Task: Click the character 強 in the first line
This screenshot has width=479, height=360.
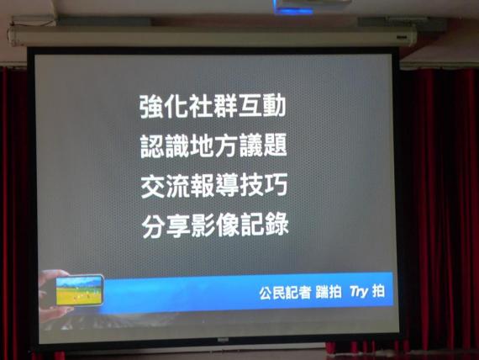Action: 151,106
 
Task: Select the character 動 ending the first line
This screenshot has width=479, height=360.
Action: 274,106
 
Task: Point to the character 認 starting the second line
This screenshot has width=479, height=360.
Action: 152,146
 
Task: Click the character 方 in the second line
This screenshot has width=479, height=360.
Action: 226,146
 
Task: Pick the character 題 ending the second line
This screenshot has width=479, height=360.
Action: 275,146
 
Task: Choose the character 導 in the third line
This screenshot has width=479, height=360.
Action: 226,185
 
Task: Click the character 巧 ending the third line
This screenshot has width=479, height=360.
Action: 276,185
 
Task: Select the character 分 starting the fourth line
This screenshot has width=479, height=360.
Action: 154,225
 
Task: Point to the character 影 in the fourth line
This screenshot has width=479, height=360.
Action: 203,225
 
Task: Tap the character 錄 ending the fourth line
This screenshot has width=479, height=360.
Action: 276,225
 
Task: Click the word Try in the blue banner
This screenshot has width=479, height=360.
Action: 359,292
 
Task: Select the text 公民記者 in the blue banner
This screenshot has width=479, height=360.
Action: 285,293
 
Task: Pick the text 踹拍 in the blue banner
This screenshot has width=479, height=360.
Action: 329,292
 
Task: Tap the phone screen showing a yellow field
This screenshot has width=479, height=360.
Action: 79,290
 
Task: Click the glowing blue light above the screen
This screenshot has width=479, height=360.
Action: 293,10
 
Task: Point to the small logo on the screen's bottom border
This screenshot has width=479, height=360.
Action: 223,340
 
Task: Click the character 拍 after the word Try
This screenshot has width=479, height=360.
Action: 378,290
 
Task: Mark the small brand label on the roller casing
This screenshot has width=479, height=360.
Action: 402,37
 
